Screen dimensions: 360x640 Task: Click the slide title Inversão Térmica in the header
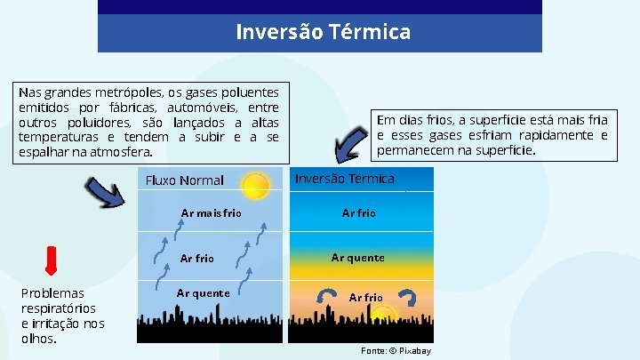pos(323,33)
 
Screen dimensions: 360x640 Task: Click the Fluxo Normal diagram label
pos(184,180)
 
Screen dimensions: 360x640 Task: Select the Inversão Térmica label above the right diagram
pos(344,179)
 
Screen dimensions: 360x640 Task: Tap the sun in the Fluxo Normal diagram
pos(255,186)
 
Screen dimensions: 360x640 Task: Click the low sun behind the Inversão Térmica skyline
pos(384,315)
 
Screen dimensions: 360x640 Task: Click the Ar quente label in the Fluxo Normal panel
pos(203,292)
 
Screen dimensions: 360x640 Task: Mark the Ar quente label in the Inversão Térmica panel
pos(357,258)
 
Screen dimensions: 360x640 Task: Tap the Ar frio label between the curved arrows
pos(365,297)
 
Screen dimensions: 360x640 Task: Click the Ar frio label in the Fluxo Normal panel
pos(197,259)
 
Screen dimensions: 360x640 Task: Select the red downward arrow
pos(52,259)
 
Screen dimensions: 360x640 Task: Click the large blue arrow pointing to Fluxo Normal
pos(105,192)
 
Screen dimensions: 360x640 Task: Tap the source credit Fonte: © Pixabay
pos(396,351)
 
